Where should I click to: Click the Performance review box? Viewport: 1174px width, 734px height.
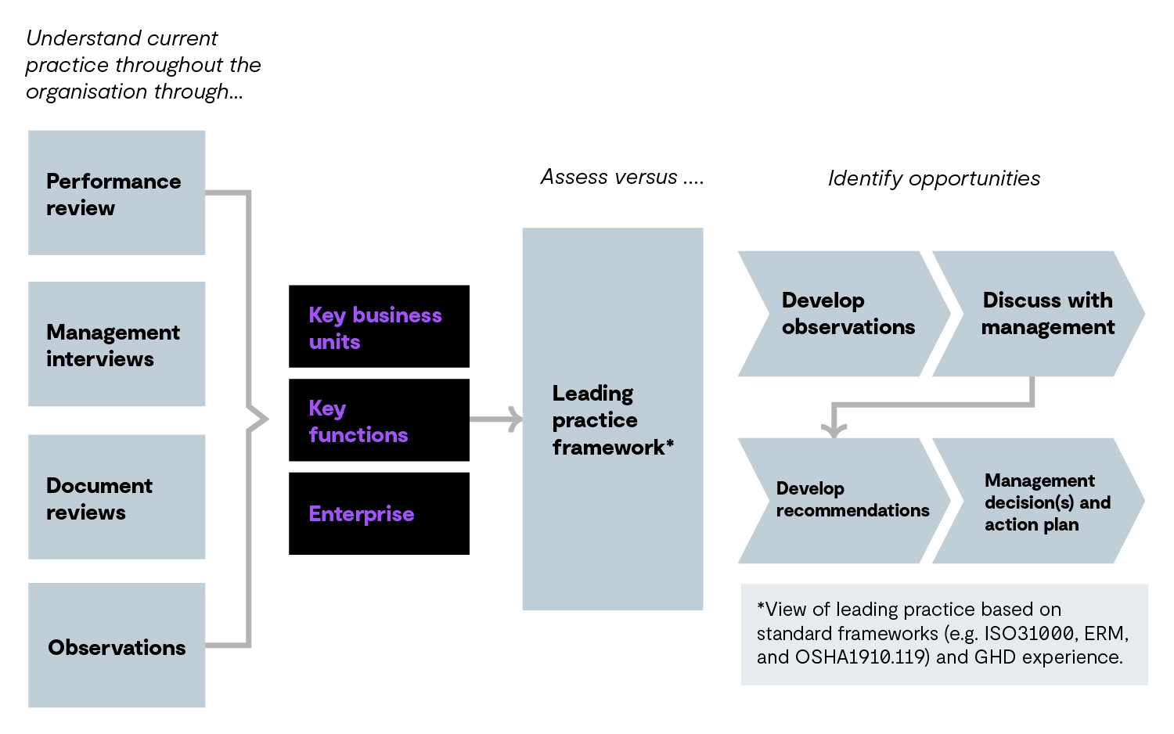pyautogui.click(x=116, y=193)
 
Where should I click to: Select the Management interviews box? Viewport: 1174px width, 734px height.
pyautogui.click(x=116, y=344)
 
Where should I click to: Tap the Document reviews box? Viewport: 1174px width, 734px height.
pyautogui.click(x=116, y=498)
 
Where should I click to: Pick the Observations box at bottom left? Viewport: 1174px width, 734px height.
pyautogui.click(x=116, y=646)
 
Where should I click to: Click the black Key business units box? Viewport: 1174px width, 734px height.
pyautogui.click(x=379, y=327)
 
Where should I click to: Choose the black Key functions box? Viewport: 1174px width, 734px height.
pyautogui.click(x=379, y=421)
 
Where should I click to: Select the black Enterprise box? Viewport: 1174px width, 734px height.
pyautogui.click(x=379, y=514)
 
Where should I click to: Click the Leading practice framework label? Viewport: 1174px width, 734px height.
pyautogui.click(x=612, y=420)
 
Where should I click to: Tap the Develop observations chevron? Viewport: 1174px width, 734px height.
pyautogui.click(x=845, y=314)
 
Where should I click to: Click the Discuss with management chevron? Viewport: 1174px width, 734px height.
pyautogui.click(x=1041, y=314)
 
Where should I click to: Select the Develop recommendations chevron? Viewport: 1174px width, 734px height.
pyautogui.click(x=845, y=501)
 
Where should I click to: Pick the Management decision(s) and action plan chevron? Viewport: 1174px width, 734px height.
pyautogui.click(x=1041, y=502)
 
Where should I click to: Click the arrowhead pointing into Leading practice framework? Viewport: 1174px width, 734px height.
pyautogui.click(x=516, y=419)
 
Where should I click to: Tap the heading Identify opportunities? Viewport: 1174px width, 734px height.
pyautogui.click(x=934, y=178)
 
